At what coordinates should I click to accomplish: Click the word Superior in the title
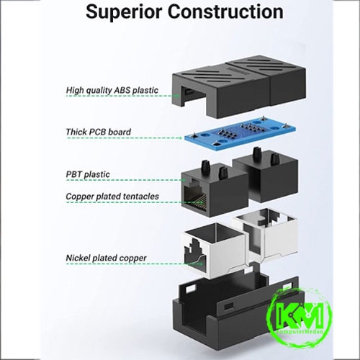(125, 12)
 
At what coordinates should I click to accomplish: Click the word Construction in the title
(225, 12)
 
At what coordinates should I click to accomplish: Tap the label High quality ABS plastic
(112, 90)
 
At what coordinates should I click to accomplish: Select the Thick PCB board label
(99, 132)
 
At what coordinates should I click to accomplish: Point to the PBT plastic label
(88, 174)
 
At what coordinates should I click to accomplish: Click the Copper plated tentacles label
(112, 197)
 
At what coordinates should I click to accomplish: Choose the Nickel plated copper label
(106, 258)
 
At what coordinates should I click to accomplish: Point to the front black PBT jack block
(215, 189)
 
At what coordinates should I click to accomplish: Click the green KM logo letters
(300, 315)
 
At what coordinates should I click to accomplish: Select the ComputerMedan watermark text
(300, 332)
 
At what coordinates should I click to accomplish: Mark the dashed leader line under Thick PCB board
(125, 138)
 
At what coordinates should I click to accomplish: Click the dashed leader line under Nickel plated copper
(135, 264)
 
